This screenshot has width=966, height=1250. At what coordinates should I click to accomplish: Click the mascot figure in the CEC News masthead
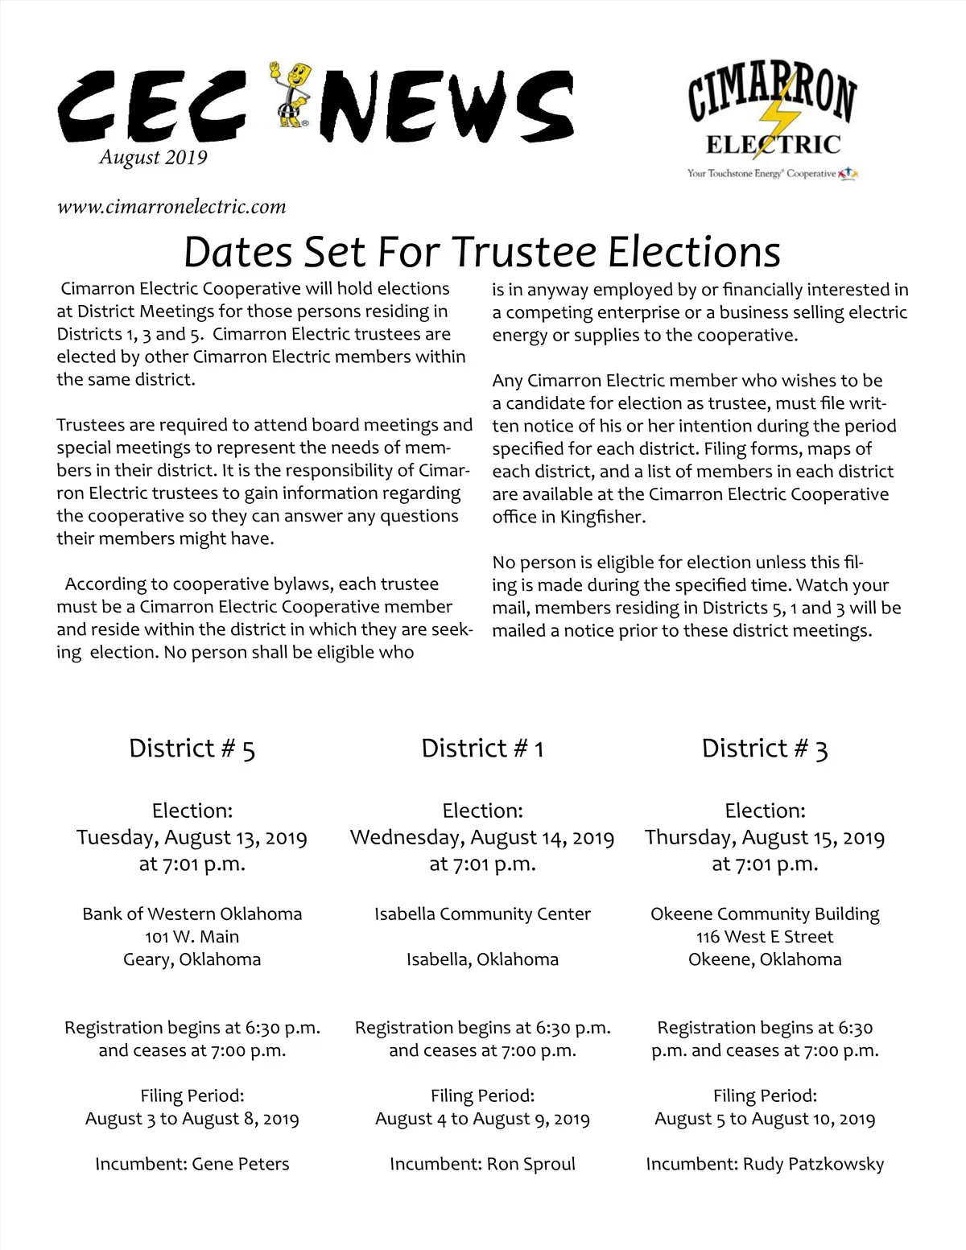(291, 94)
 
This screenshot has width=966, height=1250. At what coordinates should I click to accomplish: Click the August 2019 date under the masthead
(154, 157)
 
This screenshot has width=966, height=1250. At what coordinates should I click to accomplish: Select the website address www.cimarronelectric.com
(171, 207)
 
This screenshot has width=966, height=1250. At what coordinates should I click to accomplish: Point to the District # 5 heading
(192, 749)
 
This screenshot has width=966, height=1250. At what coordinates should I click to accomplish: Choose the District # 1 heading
(482, 749)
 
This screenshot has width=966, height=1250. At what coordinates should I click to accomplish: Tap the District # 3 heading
(764, 749)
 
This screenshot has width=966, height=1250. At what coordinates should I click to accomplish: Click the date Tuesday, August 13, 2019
(192, 838)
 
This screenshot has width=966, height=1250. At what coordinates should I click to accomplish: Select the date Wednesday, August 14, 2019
(482, 838)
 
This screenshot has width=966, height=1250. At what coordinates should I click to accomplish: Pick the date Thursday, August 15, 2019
(764, 838)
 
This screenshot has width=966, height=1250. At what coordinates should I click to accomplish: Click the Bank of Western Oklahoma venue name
(192, 914)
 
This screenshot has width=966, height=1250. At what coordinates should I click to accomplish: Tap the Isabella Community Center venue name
(482, 914)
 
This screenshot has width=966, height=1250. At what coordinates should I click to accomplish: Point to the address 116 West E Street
(764, 937)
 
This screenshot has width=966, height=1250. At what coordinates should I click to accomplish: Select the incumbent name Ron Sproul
(530, 1164)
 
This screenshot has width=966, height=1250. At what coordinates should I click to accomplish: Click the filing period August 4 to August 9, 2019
(482, 1119)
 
